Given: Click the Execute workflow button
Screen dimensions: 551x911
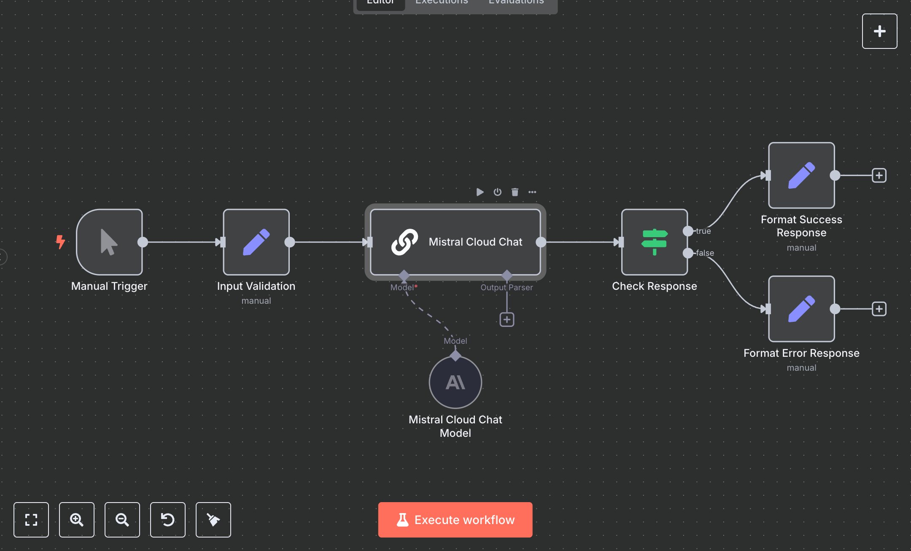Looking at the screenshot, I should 455,520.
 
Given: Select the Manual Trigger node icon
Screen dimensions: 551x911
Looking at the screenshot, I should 109,242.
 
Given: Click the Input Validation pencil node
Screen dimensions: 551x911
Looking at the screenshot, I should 256,242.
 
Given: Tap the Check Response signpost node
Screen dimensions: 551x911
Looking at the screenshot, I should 654,242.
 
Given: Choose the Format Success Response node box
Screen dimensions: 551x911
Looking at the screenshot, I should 801,175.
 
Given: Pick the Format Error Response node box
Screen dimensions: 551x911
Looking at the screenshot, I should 801,309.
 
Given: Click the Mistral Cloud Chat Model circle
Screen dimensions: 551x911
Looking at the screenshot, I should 455,382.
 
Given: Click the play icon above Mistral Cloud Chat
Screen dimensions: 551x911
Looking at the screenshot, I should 480,192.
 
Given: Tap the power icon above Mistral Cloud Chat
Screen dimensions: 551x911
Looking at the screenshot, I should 498,192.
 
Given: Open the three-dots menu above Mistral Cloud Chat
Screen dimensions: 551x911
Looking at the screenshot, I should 532,192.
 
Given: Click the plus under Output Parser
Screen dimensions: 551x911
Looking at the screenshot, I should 507,320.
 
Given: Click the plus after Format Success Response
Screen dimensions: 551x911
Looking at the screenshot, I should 879,175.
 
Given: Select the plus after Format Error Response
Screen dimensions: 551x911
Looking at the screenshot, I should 879,309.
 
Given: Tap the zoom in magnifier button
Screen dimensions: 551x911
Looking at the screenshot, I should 77,520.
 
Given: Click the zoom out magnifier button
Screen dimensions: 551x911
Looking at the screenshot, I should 122,520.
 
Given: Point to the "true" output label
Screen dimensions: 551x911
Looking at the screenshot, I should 703,231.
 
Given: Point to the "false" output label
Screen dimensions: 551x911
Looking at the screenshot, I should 705,253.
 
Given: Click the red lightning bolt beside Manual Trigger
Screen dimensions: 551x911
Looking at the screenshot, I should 61,242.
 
